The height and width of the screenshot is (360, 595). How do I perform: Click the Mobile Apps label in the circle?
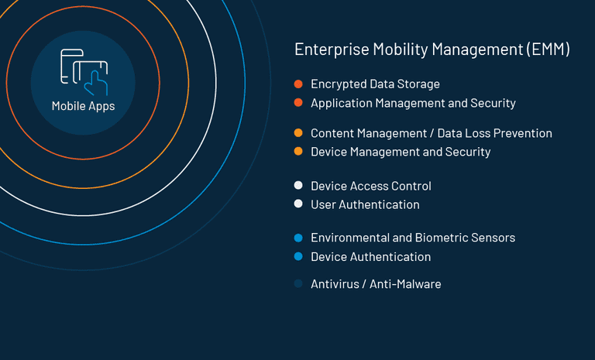click(83, 106)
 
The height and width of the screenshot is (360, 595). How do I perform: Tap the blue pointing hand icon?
click(96, 83)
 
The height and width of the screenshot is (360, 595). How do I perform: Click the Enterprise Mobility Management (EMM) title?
click(432, 50)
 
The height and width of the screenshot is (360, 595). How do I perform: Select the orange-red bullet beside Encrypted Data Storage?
click(298, 84)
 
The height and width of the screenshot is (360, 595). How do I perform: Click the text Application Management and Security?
click(413, 103)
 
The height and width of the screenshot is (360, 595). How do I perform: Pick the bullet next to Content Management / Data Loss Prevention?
click(298, 132)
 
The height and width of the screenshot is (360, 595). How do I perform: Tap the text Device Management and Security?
click(401, 152)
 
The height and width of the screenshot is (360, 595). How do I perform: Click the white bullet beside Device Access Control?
click(298, 186)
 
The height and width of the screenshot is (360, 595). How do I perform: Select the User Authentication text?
click(365, 205)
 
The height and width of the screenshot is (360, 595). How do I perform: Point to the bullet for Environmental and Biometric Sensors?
click(298, 238)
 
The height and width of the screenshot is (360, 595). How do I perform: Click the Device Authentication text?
click(371, 257)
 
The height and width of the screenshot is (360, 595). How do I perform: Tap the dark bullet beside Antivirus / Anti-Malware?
click(298, 284)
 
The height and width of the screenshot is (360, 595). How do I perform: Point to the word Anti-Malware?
click(405, 284)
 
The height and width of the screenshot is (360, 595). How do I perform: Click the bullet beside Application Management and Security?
click(298, 102)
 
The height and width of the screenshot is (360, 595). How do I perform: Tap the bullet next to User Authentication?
click(298, 204)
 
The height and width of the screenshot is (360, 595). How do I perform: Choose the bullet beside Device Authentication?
click(298, 256)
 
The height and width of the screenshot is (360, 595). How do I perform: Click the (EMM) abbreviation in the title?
click(548, 50)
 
